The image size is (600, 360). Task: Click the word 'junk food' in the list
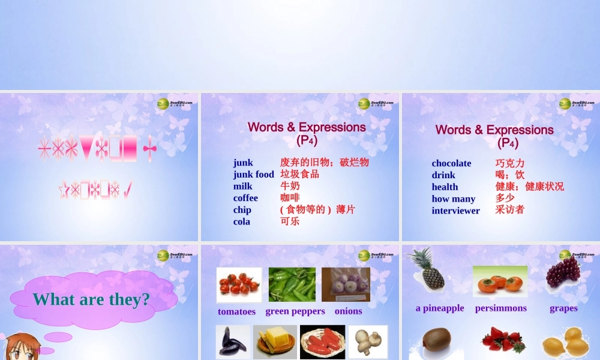pos(253,175)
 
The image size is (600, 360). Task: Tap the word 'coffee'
pos(245,198)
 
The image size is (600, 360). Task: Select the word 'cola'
pos(242,221)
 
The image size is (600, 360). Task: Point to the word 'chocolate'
pos(451,163)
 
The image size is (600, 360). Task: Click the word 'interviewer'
pos(455,211)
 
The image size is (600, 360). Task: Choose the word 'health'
pos(445,187)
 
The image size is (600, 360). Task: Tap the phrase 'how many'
pos(453,199)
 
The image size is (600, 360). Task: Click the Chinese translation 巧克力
pos(509,163)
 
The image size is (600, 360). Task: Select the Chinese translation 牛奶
pos(290,186)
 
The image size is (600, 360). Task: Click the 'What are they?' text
pos(91,299)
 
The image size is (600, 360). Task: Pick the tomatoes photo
pos(239,284)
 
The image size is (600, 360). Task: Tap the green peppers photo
pos(292,284)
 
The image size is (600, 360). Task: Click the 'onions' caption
pos(348,311)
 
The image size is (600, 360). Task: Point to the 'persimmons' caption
pos(500,308)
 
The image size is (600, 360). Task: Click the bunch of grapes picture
pos(563,271)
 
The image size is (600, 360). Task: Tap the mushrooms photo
pos(368,342)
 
